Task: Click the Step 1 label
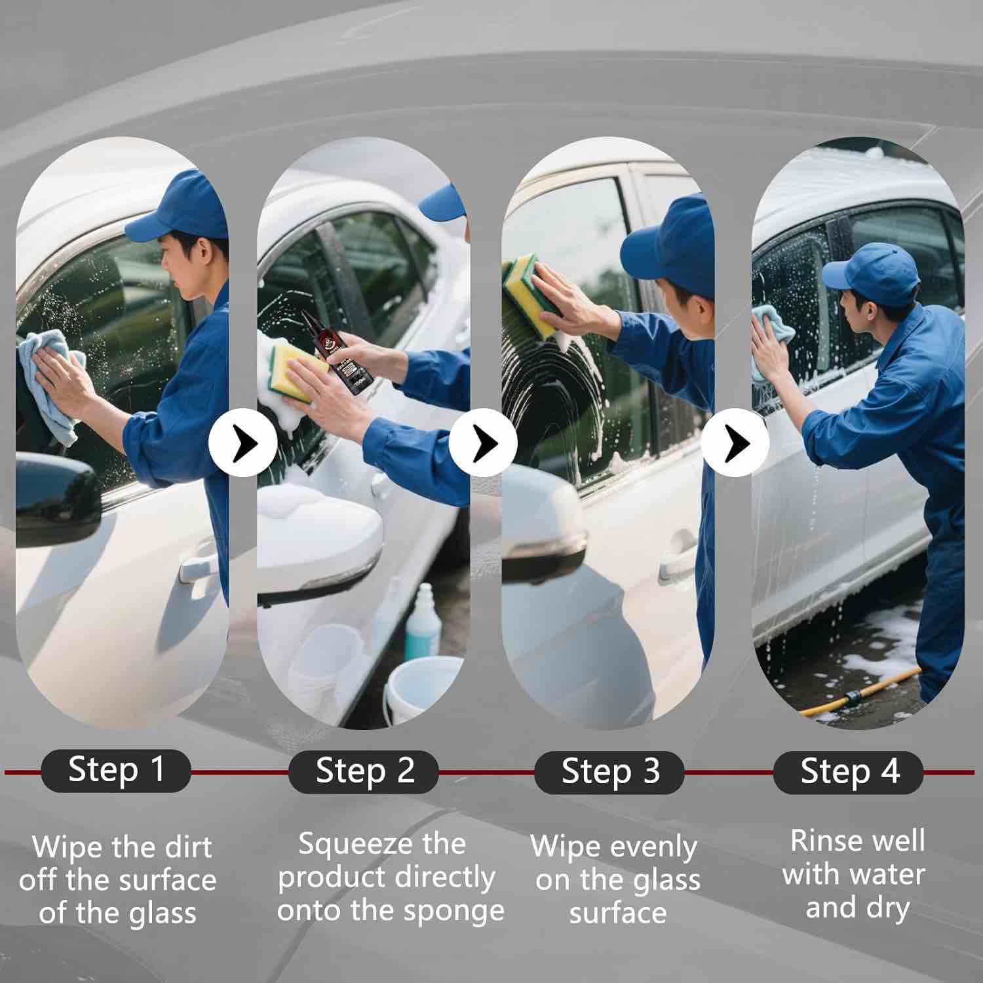pyautogui.click(x=116, y=771)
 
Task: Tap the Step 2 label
pyautogui.click(x=364, y=771)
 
